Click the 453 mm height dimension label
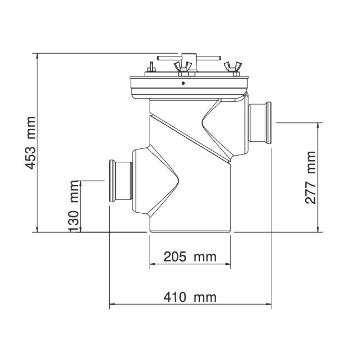31,143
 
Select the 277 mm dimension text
310,177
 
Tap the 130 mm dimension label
74,206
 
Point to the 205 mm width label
190,257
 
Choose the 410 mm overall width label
190,297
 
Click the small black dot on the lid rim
183,83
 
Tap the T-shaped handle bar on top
189,58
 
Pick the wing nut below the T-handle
183,68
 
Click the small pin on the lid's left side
151,67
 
